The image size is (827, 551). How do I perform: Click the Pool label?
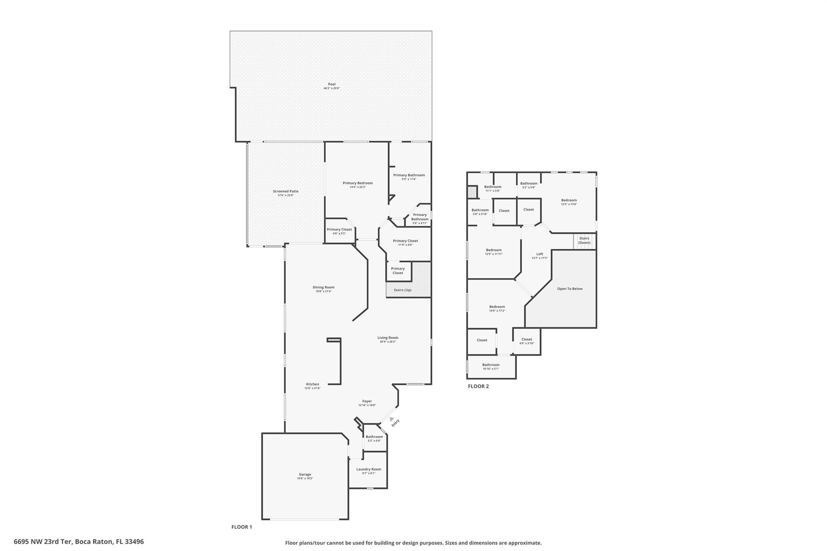(x=332, y=84)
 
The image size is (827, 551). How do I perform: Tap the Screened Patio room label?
(x=285, y=191)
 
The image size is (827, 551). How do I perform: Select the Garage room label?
(x=305, y=475)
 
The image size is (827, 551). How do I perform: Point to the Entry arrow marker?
(x=392, y=420)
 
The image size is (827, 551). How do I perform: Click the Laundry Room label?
(x=368, y=469)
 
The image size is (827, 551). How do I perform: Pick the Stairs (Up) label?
(x=403, y=290)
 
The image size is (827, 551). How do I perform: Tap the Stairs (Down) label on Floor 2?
(x=584, y=241)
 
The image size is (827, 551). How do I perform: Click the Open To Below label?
(x=570, y=289)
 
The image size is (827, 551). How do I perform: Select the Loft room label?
(x=539, y=254)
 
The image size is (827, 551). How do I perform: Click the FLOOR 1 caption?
(x=241, y=527)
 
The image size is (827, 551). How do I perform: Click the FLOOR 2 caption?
(x=478, y=386)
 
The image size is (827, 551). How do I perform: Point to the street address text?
(x=79, y=542)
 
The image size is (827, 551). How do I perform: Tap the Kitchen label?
(x=312, y=384)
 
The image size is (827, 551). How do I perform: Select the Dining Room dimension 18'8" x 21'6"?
(x=323, y=291)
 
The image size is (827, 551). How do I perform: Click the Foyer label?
(x=367, y=401)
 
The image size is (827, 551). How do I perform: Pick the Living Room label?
(x=388, y=337)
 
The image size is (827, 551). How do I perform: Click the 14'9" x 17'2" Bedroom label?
(x=497, y=307)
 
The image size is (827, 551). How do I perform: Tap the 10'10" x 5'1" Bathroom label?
(x=491, y=365)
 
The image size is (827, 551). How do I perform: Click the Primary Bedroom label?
(x=357, y=183)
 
